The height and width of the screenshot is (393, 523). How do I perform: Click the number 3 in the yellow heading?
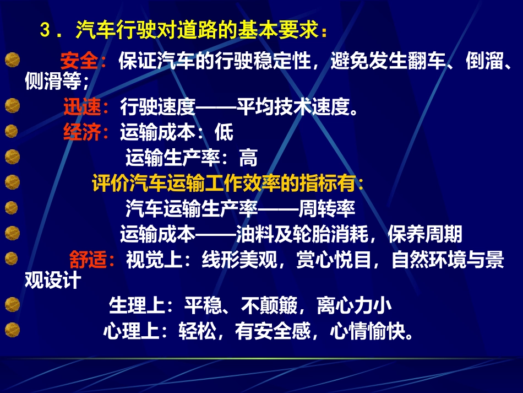point(46,31)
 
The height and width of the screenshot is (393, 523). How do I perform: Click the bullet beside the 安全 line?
point(12,60)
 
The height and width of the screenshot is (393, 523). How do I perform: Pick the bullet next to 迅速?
point(12,106)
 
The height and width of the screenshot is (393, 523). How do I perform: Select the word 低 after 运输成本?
point(224,133)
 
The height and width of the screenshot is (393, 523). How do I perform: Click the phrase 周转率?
point(327,210)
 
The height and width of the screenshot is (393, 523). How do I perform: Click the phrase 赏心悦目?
point(335,260)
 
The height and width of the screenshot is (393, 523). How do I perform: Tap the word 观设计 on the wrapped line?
point(53,281)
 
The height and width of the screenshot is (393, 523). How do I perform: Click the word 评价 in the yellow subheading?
point(105,183)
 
